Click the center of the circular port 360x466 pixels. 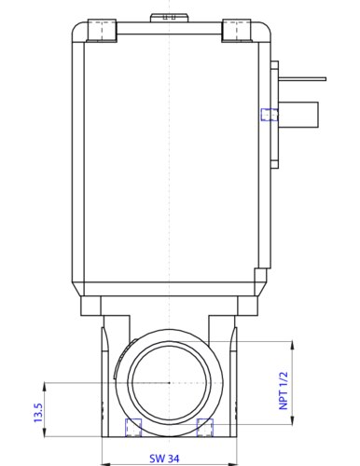coord(168,383)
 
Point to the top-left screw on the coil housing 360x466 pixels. coord(103,32)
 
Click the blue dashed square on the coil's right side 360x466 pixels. coord(270,115)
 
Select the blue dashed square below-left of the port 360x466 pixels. coord(133,428)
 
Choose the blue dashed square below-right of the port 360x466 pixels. coord(206,428)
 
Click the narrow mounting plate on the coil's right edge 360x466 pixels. coord(274,115)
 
